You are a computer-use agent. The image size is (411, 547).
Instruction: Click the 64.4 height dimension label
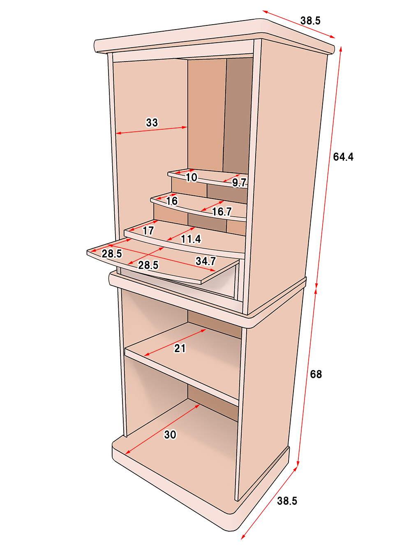(343, 157)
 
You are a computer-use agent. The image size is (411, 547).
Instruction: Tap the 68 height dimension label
(316, 374)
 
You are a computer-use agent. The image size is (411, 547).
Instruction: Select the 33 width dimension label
(152, 122)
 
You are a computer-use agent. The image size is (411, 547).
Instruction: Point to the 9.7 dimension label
(239, 183)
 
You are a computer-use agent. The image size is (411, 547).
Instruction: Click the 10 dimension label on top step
(192, 177)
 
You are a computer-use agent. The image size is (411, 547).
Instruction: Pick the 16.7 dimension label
(222, 212)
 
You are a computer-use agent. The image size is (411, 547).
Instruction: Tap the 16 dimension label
(172, 201)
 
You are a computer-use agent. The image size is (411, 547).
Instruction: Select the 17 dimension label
(148, 231)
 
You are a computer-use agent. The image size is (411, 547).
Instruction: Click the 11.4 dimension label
(191, 239)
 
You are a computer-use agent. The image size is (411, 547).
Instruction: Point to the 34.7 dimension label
(205, 261)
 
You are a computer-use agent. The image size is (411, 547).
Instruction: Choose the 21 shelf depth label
(180, 348)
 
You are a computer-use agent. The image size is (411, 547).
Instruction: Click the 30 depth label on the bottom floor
(170, 435)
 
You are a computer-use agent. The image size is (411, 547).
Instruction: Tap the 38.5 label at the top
(310, 21)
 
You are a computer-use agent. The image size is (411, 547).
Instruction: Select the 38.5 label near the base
(287, 501)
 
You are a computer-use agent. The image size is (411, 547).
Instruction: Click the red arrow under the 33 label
(152, 130)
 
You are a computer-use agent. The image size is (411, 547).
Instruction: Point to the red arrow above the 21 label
(175, 342)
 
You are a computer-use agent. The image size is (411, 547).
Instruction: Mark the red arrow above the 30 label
(162, 429)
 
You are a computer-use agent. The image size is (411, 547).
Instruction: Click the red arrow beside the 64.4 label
(329, 167)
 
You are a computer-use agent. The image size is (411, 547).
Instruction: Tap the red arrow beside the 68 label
(307, 377)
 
